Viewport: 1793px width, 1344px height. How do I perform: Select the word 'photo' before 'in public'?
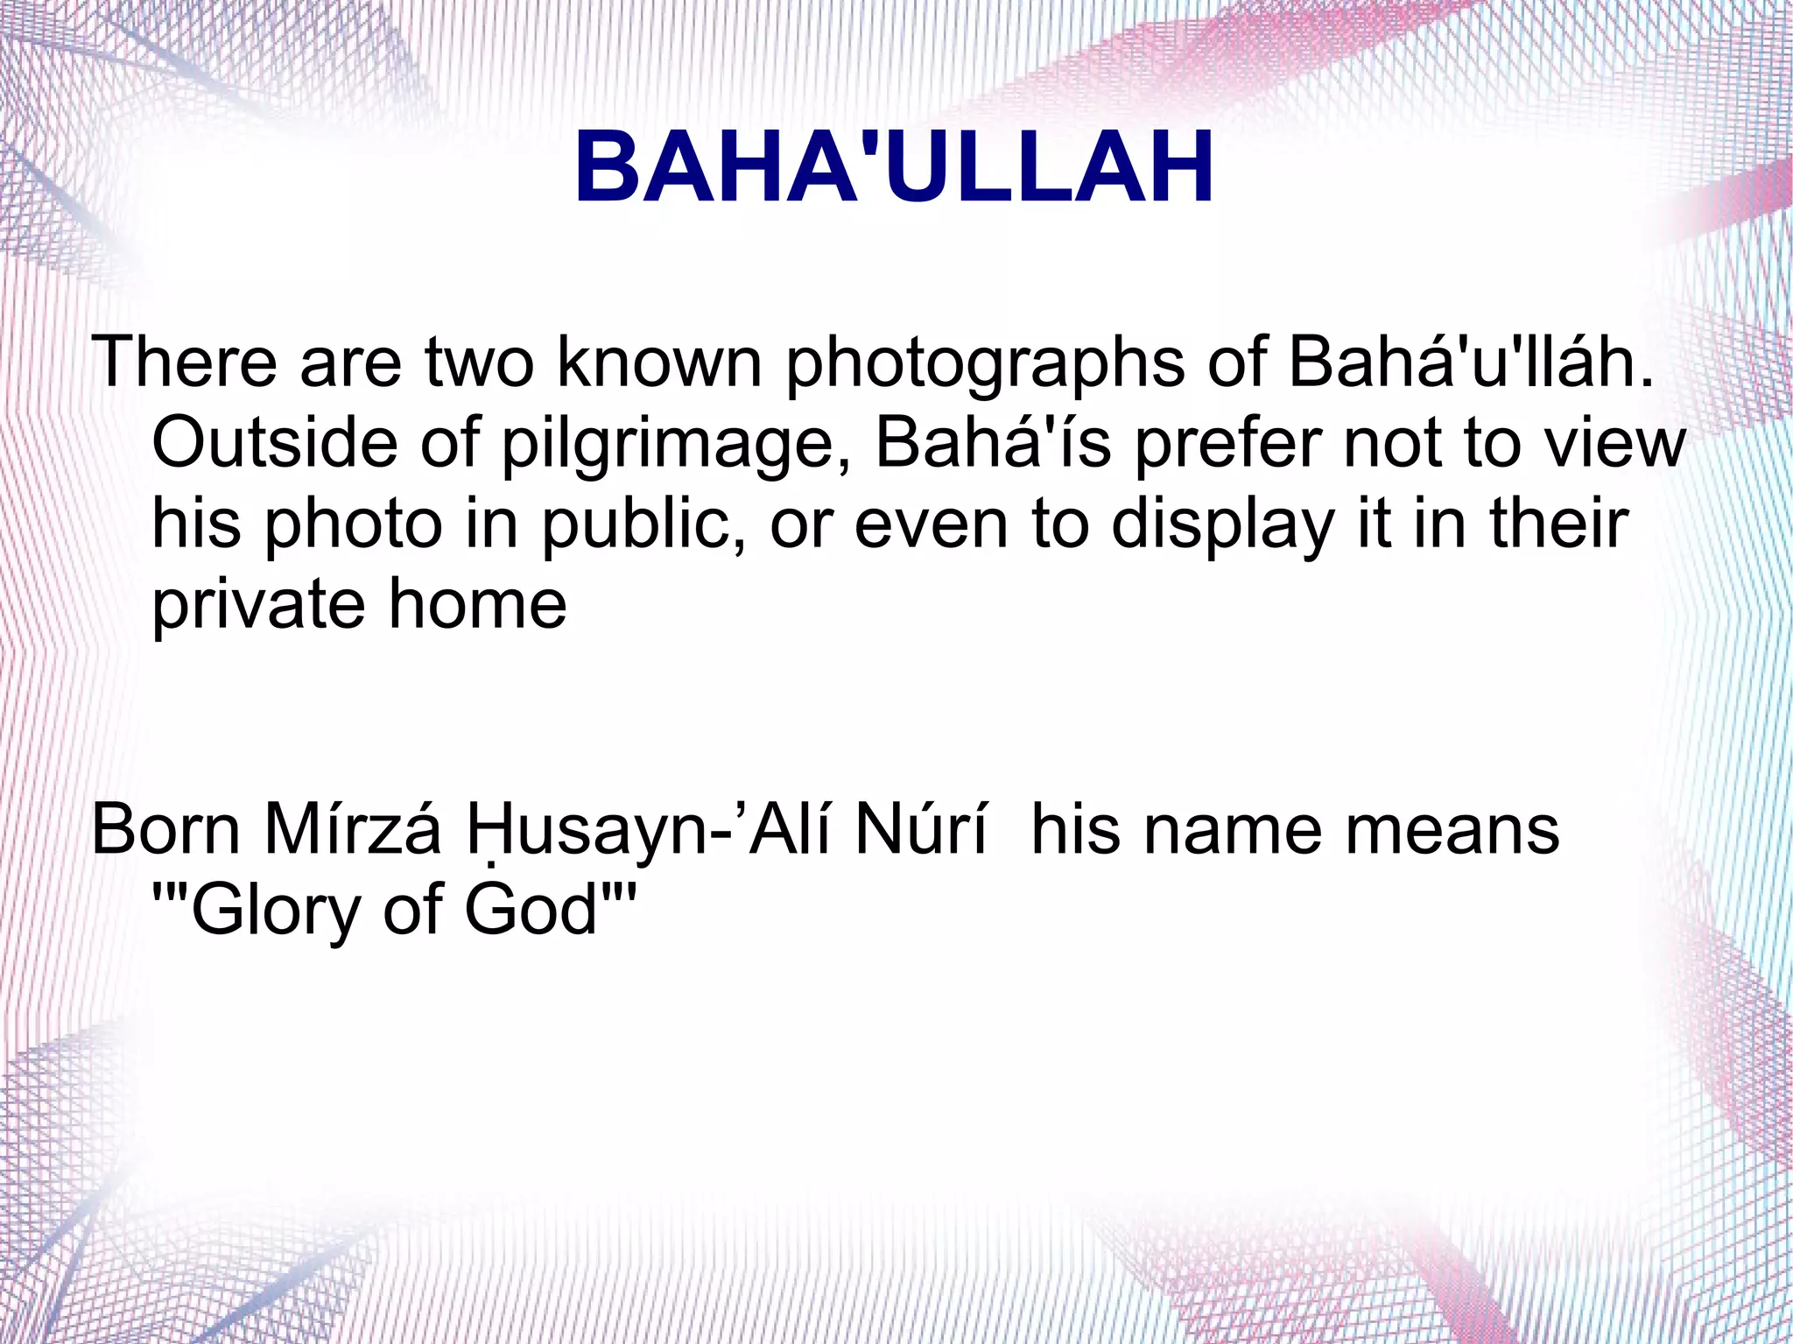tap(354, 525)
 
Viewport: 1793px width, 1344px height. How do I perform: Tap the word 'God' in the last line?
tap(531, 911)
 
